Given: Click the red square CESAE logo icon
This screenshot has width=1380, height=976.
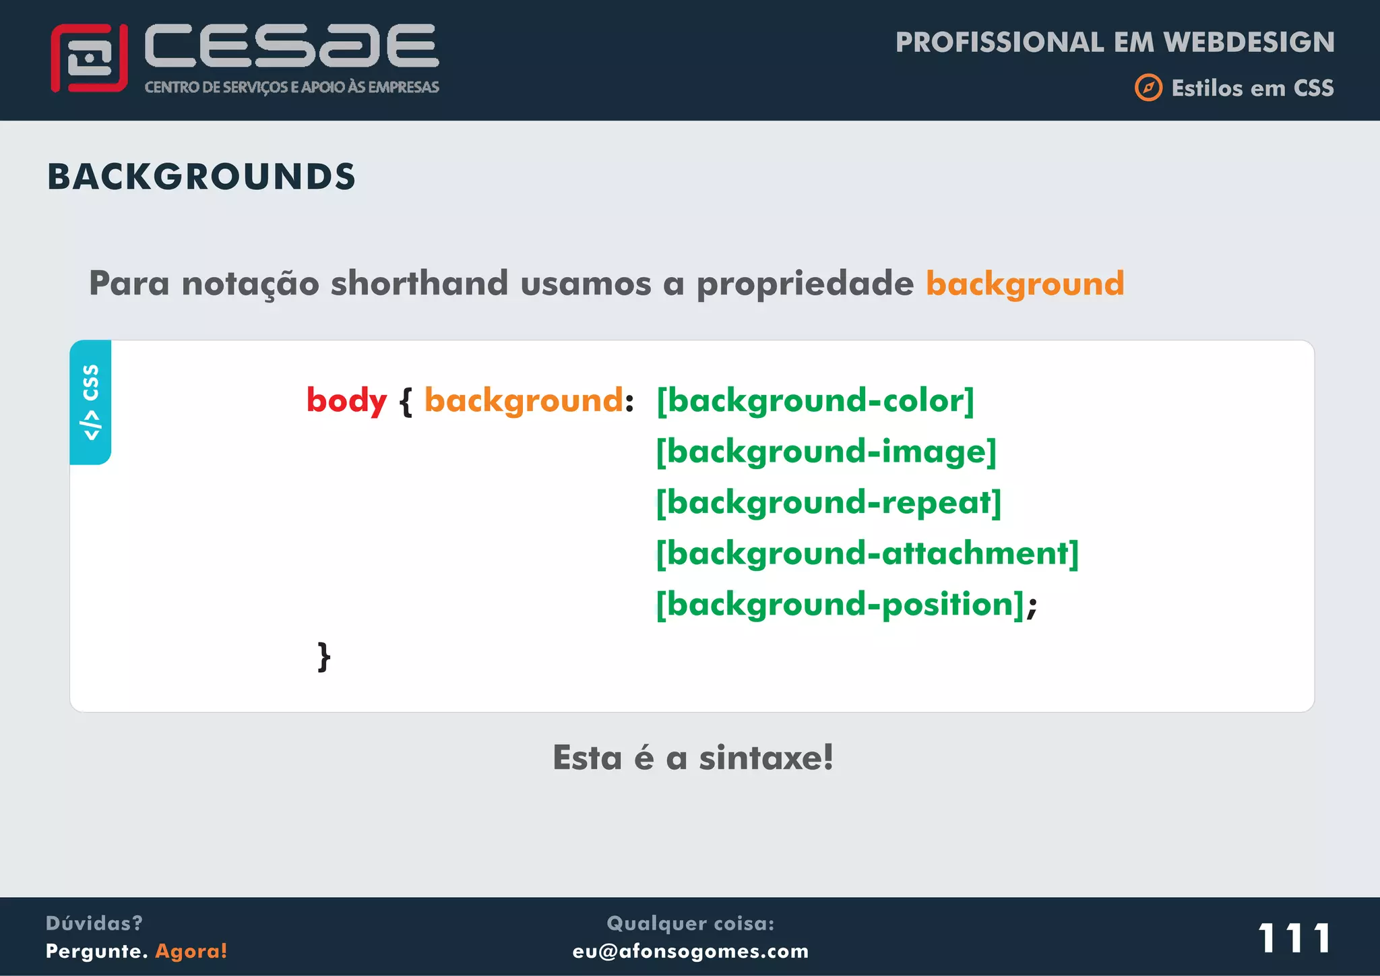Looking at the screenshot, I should pyautogui.click(x=89, y=59).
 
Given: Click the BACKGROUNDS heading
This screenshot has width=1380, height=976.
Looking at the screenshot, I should pyautogui.click(x=201, y=177).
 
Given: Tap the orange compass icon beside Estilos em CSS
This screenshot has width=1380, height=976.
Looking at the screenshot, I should pyautogui.click(x=1148, y=88).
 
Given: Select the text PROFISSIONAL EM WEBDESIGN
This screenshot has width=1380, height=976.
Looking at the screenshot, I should pyautogui.click(x=1115, y=42).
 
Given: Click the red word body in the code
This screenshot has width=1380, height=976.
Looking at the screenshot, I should pyautogui.click(x=346, y=401).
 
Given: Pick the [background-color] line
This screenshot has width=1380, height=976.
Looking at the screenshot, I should pyautogui.click(x=815, y=401).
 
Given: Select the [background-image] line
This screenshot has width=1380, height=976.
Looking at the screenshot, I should pyautogui.click(x=826, y=452).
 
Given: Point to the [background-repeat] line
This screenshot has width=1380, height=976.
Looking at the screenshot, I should pyautogui.click(x=829, y=503).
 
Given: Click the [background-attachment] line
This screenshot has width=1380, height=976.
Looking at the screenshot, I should pyautogui.click(x=867, y=553).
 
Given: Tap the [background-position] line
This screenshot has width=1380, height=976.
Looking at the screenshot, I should pyautogui.click(x=840, y=605).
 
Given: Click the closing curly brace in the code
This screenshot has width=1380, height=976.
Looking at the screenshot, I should pyautogui.click(x=324, y=656).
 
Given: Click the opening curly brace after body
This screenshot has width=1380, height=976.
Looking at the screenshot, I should pyautogui.click(x=406, y=402).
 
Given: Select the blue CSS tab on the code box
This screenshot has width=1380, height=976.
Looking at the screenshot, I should pyautogui.click(x=90, y=402).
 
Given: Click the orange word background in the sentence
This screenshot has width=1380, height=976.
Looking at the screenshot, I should pyautogui.click(x=1024, y=284).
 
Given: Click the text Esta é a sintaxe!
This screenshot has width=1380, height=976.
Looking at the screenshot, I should pyautogui.click(x=693, y=758).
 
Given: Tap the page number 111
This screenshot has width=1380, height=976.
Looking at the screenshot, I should pyautogui.click(x=1294, y=938).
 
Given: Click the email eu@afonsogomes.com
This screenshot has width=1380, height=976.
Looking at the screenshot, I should pyautogui.click(x=690, y=951).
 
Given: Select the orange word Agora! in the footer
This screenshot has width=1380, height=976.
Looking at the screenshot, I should pyautogui.click(x=191, y=951).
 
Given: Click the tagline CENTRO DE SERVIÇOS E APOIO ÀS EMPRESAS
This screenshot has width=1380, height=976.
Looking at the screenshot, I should pyautogui.click(x=292, y=87).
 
